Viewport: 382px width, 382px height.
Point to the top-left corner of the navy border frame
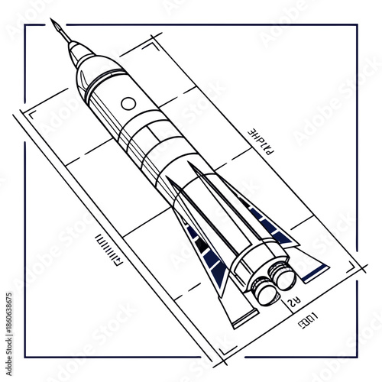coord(24,24)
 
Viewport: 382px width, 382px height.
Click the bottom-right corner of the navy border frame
coord(358,358)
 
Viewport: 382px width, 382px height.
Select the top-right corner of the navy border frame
coord(358,24)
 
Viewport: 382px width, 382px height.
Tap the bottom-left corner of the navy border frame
coord(24,358)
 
